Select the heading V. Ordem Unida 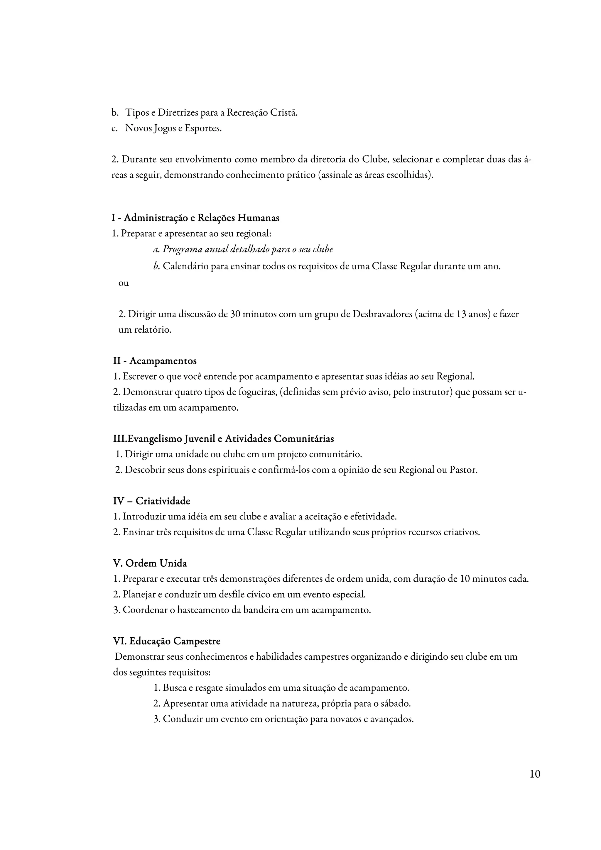tap(150, 563)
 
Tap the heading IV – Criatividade tap(151, 501)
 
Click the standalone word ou tap(124, 283)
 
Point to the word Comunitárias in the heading tap(304, 439)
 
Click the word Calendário tap(185, 266)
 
